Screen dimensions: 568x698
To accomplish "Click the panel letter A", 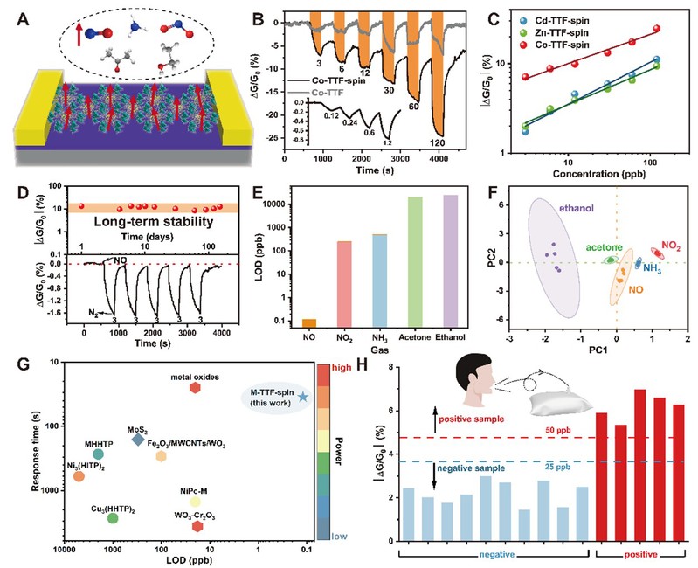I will tap(15, 15).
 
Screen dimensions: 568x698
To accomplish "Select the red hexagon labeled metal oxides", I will tap(195, 388).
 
